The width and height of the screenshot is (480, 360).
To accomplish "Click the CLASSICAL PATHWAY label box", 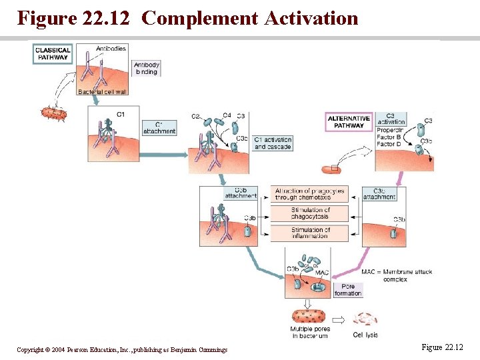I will [x=53, y=54].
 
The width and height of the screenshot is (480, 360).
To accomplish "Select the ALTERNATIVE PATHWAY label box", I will [x=349, y=122].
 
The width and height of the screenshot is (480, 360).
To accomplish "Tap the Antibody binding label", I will [x=147, y=69].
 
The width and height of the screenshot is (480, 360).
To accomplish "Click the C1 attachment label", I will [x=159, y=128].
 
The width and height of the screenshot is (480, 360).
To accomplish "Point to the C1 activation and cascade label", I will [x=273, y=143].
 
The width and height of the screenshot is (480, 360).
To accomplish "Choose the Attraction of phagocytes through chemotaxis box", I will [x=310, y=194].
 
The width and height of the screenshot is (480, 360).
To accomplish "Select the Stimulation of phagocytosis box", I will [x=310, y=213].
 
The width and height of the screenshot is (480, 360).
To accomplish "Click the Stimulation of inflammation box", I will [x=310, y=233].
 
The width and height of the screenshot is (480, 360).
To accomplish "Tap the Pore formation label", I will [x=348, y=289].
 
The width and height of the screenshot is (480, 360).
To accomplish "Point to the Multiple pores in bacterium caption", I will [x=309, y=332].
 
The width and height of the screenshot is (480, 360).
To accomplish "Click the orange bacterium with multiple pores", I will [x=307, y=315].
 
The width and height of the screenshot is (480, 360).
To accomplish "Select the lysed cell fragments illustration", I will [x=365, y=319].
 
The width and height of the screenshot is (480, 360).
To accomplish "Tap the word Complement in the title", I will [x=199, y=18].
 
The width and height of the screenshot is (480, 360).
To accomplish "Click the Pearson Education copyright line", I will [x=122, y=349].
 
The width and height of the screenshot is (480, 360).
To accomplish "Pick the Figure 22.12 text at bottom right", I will [x=442, y=347].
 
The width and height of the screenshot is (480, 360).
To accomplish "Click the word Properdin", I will [x=391, y=131].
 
